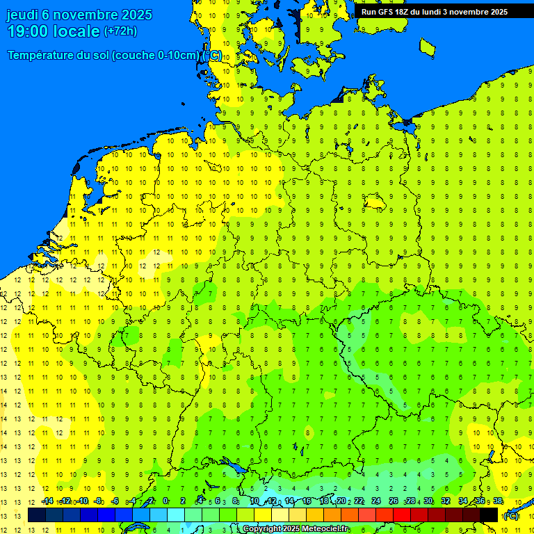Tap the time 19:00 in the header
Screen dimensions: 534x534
28,31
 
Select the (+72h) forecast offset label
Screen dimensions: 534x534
120,31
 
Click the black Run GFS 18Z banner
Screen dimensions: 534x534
435,12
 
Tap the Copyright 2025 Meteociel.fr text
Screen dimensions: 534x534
296,529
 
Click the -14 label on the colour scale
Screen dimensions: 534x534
47,501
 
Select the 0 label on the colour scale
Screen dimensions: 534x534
165,501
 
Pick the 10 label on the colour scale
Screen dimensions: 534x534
254,501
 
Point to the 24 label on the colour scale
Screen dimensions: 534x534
376,501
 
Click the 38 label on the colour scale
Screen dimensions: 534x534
498,501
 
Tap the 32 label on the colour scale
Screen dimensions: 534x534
446,501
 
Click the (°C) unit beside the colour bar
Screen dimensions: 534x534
511,516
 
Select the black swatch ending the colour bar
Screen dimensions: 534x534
489,515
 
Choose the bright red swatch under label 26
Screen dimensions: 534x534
402,515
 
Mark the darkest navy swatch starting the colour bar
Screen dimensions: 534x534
37,515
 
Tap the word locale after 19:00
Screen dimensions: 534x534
77,31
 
